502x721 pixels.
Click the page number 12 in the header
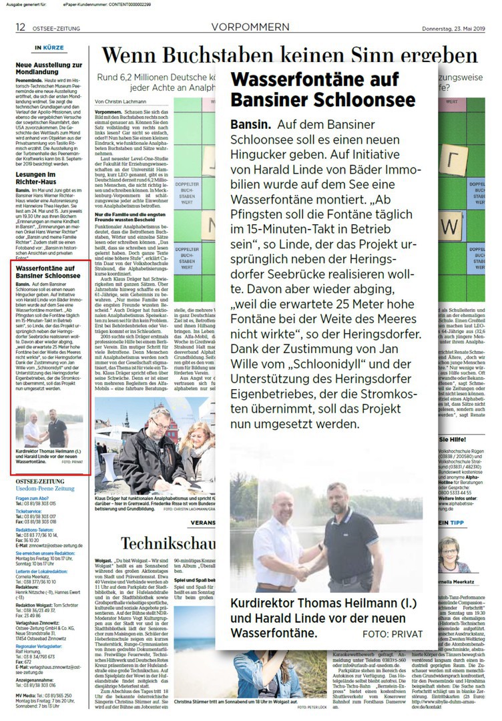[21, 27]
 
